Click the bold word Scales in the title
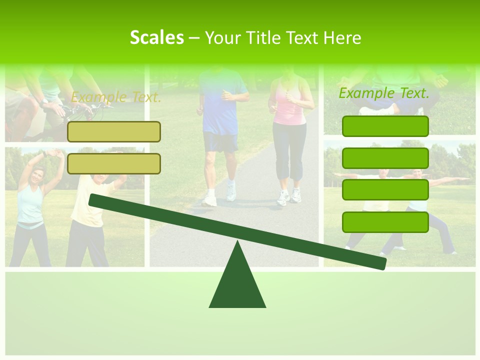pos(156,37)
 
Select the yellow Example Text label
pos(116,97)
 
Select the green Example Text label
pos(384,93)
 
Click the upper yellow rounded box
pos(114,131)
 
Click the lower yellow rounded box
pos(114,163)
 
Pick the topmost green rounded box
pos(385,126)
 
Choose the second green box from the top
pos(385,158)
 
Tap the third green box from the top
pos(385,190)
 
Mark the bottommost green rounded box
pos(385,222)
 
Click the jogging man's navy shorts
pos(220,142)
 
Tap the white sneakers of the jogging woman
pos(290,196)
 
